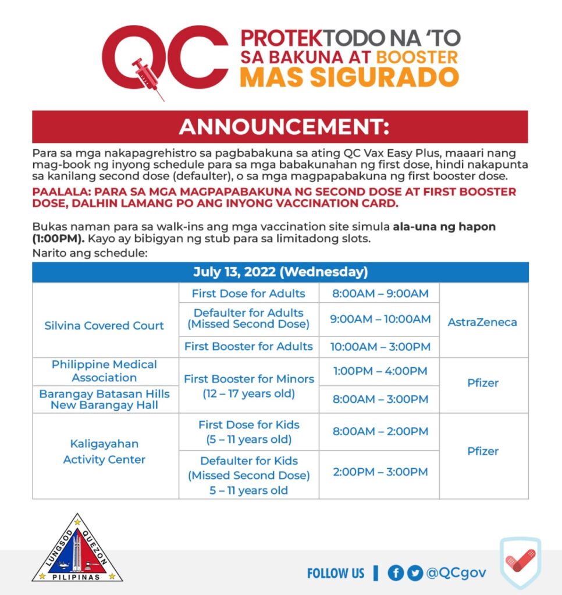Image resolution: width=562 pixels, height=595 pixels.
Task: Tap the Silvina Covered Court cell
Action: [105, 325]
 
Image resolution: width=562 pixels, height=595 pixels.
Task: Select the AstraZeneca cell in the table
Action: [482, 322]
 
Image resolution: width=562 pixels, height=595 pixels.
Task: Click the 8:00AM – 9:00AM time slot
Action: [379, 293]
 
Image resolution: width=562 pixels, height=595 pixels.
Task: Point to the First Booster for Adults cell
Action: [248, 346]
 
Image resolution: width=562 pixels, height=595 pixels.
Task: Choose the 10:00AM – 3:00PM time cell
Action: [379, 347]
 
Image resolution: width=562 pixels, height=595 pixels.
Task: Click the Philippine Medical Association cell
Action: [105, 371]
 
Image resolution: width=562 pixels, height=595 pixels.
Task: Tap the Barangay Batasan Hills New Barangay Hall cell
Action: [105, 399]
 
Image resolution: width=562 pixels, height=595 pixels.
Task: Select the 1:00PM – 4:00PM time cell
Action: [379, 371]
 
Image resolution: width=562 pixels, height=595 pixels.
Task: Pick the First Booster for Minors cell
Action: [248, 386]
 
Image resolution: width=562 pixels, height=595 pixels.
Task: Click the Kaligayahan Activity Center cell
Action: [105, 451]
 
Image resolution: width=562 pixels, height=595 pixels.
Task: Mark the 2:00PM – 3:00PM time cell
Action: [379, 472]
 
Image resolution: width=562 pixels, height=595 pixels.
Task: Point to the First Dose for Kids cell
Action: [248, 432]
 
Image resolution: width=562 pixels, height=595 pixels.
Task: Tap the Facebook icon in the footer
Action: [396, 573]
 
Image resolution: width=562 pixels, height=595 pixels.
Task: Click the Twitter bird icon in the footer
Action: [415, 573]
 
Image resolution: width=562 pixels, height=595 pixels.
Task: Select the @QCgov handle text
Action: [456, 573]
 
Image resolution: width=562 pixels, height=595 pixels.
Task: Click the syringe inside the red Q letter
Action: [145, 73]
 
